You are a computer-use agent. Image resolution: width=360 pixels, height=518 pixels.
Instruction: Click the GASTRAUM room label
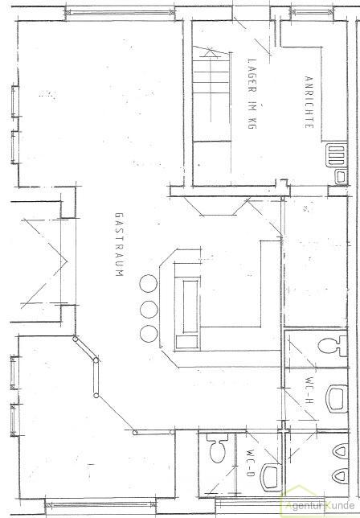coord(119,245)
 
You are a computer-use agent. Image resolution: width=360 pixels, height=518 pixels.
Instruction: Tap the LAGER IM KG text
coord(252,93)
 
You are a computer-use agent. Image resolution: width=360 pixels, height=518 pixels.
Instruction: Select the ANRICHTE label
coord(309,102)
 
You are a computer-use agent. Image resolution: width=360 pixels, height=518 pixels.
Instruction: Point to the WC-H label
coord(310,391)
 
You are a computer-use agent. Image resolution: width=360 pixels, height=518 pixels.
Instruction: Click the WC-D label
coord(251,462)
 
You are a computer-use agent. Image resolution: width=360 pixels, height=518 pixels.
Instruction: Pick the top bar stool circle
coord(149,283)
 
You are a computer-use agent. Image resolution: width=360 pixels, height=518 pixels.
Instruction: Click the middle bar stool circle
coord(149,309)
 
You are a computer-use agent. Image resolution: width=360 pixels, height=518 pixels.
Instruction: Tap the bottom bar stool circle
coord(149,334)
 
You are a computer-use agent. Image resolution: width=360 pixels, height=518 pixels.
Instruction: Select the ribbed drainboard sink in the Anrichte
coord(336,155)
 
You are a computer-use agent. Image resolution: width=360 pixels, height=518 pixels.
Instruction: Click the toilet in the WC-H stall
coord(333,346)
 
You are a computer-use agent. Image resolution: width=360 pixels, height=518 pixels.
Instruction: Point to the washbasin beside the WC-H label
coord(337,399)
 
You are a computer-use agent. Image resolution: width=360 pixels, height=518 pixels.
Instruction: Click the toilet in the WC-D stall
coord(218,448)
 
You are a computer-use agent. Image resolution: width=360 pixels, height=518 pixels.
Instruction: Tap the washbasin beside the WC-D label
coord(271,477)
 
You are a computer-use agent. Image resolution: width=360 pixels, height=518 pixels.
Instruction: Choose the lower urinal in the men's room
coord(342,476)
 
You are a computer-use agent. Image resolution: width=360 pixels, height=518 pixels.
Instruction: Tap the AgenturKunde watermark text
coord(319,505)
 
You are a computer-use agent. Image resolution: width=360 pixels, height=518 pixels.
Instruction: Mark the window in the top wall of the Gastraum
coord(120,13)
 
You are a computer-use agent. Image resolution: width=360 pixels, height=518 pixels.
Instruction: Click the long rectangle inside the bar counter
coord(190,306)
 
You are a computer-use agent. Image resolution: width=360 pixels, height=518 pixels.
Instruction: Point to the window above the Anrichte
coord(312,12)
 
